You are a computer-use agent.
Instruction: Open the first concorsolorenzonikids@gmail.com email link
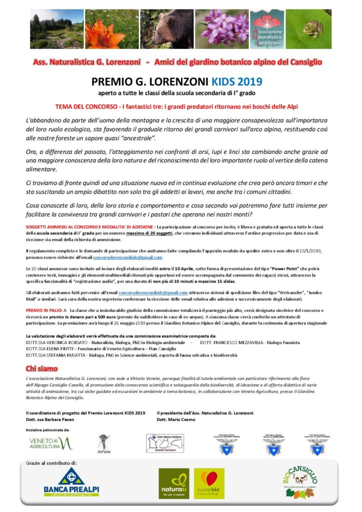(127, 257)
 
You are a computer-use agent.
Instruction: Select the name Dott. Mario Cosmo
(174, 418)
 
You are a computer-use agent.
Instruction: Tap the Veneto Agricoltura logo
(50, 443)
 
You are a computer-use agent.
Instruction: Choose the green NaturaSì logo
(173, 483)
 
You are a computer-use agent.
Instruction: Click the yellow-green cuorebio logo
(209, 483)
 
